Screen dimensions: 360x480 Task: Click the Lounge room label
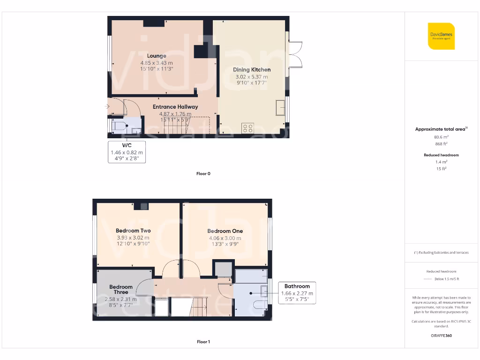157,56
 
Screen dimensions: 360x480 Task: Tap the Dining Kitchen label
252,70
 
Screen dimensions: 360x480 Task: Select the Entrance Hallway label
175,107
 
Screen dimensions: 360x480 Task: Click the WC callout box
127,152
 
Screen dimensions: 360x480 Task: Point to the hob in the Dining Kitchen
247,128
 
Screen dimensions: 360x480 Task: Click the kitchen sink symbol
280,107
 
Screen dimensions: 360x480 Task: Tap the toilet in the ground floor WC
119,126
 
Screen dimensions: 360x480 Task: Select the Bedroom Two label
133,231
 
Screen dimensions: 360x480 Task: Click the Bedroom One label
225,231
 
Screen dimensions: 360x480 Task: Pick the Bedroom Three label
121,289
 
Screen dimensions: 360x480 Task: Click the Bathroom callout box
297,293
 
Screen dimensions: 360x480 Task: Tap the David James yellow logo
441,36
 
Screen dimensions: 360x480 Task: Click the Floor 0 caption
203,173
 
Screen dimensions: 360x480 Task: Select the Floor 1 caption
203,342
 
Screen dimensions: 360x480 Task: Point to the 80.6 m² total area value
441,137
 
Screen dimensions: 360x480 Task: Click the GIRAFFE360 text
441,336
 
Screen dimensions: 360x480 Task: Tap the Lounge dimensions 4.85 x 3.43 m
157,63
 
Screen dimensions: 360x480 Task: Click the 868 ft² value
441,144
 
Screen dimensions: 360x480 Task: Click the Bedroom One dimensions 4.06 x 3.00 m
225,238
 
